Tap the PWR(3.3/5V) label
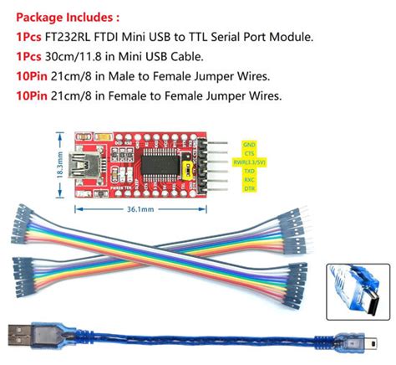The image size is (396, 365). pos(252,162)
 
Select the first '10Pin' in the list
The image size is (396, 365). pos(30,76)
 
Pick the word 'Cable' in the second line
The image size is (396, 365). pos(183,57)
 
